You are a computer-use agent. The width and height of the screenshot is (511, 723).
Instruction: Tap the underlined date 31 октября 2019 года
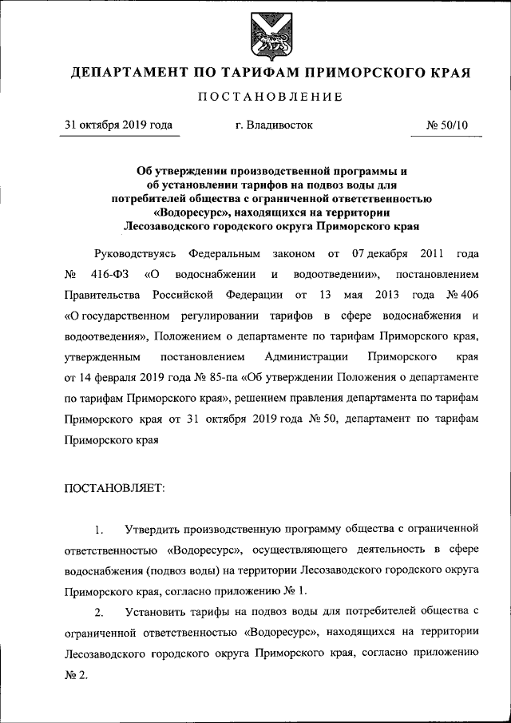(117, 125)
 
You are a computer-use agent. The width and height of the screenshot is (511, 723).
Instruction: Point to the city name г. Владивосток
(269, 125)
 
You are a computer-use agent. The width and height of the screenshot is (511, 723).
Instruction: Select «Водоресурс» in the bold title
(189, 213)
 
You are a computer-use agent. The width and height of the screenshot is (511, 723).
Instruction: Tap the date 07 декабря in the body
(380, 255)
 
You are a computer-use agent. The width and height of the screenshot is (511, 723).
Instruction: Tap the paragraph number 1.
(98, 530)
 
